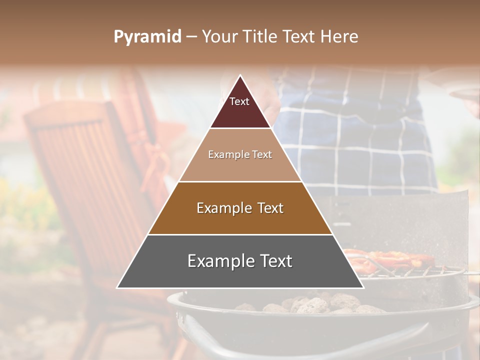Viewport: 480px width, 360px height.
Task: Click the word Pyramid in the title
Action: [x=147, y=37]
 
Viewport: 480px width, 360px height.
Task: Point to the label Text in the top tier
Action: [x=239, y=101]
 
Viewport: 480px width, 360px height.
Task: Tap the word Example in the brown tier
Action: [x=222, y=208]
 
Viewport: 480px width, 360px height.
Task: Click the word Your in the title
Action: [x=218, y=37]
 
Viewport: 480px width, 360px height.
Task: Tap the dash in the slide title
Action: [x=191, y=37]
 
